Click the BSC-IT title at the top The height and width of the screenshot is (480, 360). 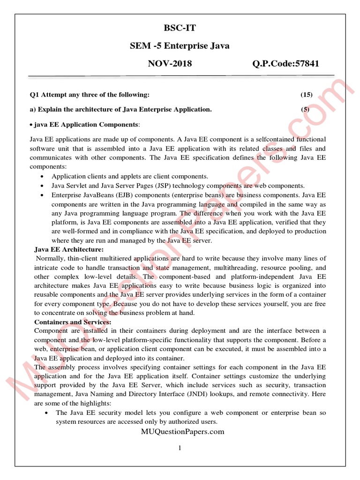(x=180, y=28)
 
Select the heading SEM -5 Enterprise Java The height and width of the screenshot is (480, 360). (x=180, y=46)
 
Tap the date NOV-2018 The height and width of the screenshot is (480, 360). (x=170, y=64)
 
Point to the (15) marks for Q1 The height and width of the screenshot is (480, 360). (x=307, y=95)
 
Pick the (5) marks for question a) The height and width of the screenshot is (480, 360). (x=306, y=109)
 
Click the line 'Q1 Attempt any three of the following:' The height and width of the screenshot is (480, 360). (x=90, y=95)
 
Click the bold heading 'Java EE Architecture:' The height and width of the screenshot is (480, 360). (x=69, y=249)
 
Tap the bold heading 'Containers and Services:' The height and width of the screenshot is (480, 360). (x=73, y=322)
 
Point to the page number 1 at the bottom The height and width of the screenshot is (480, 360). (x=180, y=448)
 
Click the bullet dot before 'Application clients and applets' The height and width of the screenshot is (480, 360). (x=43, y=176)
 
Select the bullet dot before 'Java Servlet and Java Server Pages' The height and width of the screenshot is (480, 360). (x=43, y=185)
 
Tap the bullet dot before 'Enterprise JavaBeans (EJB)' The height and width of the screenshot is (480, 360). (x=43, y=195)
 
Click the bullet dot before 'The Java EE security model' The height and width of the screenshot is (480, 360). (x=46, y=412)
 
